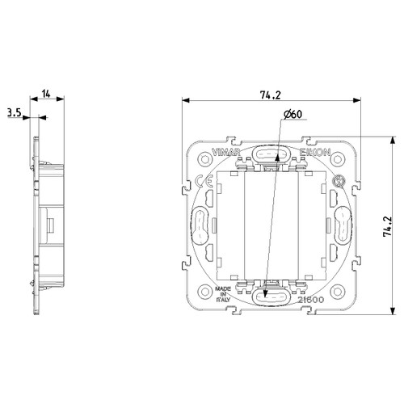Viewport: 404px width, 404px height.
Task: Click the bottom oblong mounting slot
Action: [271, 297]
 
